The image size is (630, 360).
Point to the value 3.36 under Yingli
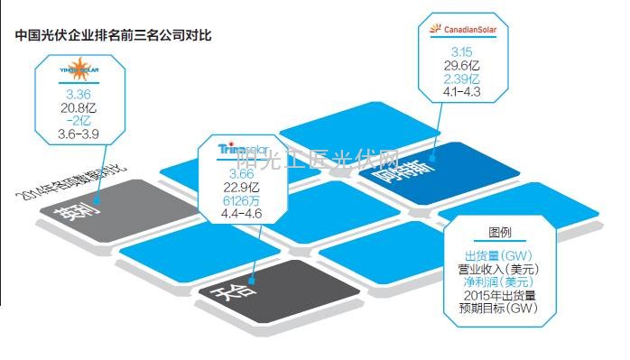pyautogui.click(x=73, y=93)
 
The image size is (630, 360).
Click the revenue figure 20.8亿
pyautogui.click(x=73, y=106)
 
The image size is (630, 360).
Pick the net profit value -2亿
pyautogui.click(x=73, y=120)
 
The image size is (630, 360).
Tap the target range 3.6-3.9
pyautogui.click(x=73, y=133)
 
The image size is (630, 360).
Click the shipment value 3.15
pyautogui.click(x=463, y=51)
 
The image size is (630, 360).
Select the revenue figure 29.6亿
pyautogui.click(x=463, y=65)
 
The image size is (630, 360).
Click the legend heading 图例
pyautogui.click(x=499, y=231)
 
